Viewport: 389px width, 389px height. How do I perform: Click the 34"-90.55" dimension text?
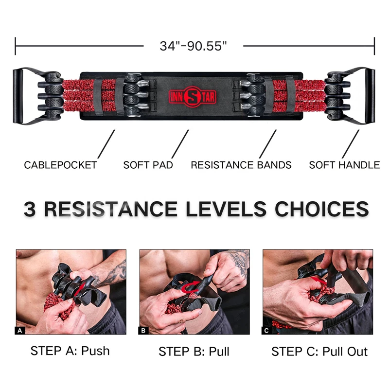193,46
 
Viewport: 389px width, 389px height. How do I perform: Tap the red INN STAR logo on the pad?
192,97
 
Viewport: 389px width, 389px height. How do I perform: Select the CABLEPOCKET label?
60,165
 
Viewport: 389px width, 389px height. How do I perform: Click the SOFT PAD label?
148,165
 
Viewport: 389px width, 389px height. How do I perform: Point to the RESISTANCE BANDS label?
241,165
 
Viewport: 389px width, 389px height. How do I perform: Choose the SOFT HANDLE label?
344,165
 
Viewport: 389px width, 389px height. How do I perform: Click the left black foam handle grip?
18,96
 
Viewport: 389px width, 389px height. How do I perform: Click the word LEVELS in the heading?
226,209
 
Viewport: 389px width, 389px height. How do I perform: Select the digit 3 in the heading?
30,209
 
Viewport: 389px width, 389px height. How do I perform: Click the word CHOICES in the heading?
322,209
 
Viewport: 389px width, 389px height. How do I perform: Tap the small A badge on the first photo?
20,331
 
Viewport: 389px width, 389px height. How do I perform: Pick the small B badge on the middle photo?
143,331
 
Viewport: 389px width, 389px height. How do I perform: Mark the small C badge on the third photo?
266,331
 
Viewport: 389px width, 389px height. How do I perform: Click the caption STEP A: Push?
70,351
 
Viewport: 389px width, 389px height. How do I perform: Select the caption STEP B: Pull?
194,352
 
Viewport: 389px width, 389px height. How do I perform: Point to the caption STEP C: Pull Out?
319,352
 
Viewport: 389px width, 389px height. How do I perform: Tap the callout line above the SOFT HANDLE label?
351,144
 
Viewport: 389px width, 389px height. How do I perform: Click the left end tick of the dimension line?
16,46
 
